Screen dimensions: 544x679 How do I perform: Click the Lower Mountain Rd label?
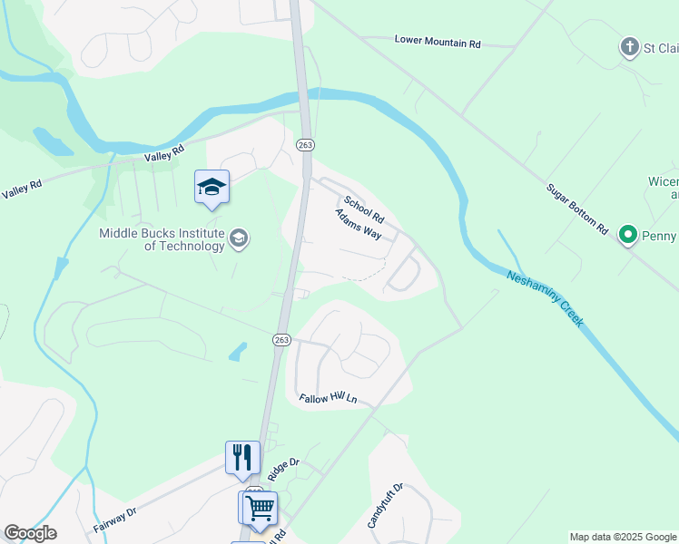point(438,42)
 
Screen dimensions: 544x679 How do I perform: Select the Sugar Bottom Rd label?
point(576,209)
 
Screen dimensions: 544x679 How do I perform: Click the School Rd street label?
point(364,210)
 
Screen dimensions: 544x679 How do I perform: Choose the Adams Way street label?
point(358,224)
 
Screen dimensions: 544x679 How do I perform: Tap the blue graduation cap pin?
point(212,188)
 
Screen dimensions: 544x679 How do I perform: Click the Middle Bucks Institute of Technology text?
point(162,239)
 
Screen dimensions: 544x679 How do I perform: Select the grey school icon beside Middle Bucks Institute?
point(240,238)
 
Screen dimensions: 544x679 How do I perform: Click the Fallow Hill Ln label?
point(329,398)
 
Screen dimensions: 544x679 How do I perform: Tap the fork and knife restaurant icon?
point(242,457)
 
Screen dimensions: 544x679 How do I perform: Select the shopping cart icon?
point(260,509)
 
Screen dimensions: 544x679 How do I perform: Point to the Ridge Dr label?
point(283,468)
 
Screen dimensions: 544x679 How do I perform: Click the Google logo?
point(30,533)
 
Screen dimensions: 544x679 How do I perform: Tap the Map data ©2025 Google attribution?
point(623,537)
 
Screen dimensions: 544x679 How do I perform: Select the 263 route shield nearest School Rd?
point(305,145)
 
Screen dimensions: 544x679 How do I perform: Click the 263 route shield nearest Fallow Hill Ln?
point(281,339)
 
